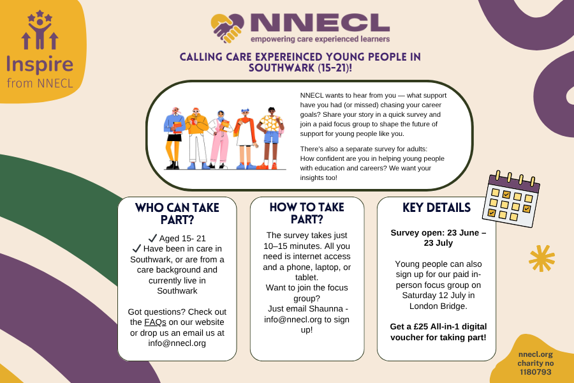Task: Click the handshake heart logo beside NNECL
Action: [x=227, y=28]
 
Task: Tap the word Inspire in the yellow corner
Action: [x=40, y=65]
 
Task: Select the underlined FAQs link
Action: [x=155, y=322]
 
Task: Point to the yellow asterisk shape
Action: [x=541, y=258]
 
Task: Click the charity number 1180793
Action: [x=536, y=372]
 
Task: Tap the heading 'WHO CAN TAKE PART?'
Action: [x=177, y=213]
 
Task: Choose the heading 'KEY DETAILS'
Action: [x=437, y=207]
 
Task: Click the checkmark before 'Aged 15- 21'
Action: [x=152, y=238]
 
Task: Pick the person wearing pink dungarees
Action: [x=221, y=140]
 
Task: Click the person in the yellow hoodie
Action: [x=196, y=138]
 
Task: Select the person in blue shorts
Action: [x=271, y=138]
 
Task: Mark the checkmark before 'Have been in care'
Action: [x=136, y=248]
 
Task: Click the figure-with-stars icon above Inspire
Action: [x=40, y=30]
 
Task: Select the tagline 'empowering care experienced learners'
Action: [x=320, y=39]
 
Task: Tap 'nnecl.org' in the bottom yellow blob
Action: [x=536, y=354]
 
